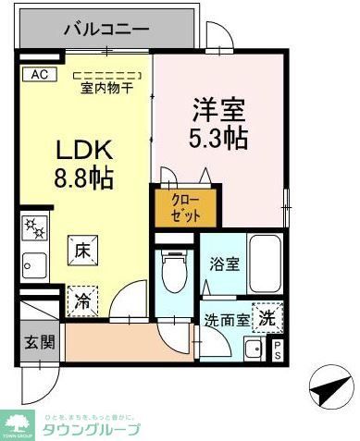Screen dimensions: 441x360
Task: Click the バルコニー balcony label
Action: click(x=106, y=29)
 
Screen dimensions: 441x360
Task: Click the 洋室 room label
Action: click(x=218, y=109)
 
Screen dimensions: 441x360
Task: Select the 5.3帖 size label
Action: click(x=218, y=139)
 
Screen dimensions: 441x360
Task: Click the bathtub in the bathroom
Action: click(x=267, y=264)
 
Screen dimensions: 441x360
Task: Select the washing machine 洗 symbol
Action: click(x=267, y=315)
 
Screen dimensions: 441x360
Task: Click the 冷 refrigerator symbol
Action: click(x=82, y=300)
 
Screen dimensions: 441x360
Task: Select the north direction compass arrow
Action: click(x=328, y=389)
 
